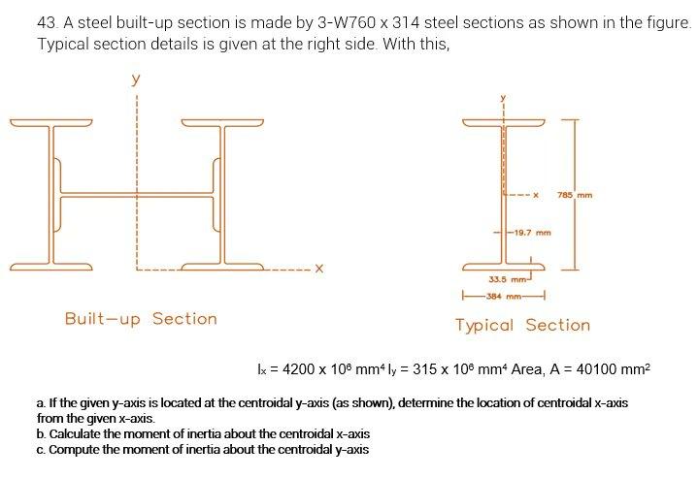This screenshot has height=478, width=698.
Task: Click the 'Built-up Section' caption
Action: [141, 319]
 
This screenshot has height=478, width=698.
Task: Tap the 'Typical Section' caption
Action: [522, 325]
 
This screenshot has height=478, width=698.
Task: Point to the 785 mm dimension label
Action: [575, 196]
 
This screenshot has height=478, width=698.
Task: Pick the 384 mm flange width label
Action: [508, 297]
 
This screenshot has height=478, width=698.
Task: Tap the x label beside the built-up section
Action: [317, 268]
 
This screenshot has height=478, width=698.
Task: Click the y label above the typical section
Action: [503, 97]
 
